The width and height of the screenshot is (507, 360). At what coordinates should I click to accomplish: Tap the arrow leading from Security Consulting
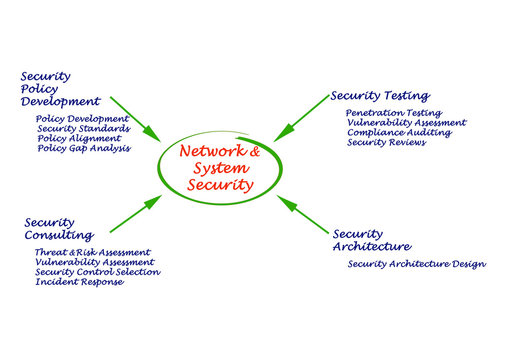pos(135,212)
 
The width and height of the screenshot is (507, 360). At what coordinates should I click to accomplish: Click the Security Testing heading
pos(380,96)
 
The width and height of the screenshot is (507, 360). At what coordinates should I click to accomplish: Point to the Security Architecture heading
pos(371,240)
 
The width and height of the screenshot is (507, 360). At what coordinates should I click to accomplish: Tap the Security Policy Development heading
pos(60,88)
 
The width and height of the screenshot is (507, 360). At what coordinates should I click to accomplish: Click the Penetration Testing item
pos(393,113)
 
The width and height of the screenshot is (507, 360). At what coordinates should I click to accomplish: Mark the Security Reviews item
pos(386,143)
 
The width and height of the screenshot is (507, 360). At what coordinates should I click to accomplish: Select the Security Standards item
pos(83,129)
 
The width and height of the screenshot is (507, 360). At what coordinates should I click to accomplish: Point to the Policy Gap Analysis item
pos(84,149)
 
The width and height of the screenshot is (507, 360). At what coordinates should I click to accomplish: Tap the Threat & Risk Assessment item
pos(92,252)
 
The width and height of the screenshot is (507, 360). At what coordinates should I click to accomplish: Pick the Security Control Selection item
pos(96,272)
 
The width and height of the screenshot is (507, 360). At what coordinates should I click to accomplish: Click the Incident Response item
pos(79,282)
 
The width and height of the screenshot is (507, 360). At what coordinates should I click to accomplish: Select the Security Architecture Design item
pos(416,264)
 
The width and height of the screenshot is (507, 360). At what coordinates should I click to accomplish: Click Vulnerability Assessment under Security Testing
pos(406,123)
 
